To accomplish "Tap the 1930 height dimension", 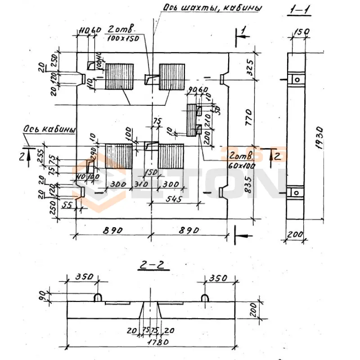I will pyautogui.click(x=319, y=135).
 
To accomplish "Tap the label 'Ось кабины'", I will pyautogui.click(x=48, y=130).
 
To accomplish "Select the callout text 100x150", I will pyautogui.click(x=122, y=39).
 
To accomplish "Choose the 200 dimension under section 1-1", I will pyautogui.click(x=295, y=234).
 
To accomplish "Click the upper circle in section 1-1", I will pyautogui.click(x=297, y=79).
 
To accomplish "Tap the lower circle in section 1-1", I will pyautogui.click(x=297, y=192).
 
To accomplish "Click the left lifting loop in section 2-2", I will pyautogui.click(x=98, y=297).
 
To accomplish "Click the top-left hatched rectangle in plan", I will pyautogui.click(x=119, y=76).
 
